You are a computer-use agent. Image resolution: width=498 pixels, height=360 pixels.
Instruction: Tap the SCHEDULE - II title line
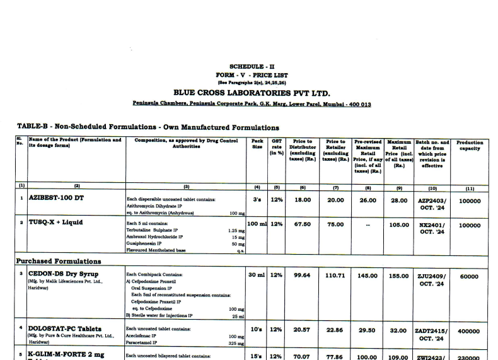point(252,66)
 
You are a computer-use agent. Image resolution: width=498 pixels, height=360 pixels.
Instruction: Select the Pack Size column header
point(257,144)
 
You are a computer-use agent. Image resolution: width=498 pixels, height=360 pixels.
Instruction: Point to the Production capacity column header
point(469,146)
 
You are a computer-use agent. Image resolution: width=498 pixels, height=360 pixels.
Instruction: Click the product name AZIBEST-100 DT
point(56,198)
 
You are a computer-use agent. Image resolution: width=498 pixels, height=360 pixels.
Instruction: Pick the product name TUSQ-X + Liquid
point(55,223)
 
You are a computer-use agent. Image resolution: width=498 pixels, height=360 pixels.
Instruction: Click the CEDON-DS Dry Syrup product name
point(63,274)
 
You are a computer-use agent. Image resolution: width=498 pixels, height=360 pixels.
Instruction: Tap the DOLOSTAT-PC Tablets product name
point(65,328)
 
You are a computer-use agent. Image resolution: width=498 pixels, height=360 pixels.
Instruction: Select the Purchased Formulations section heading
point(58,261)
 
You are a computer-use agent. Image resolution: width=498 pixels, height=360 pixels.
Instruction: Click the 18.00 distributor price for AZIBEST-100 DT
point(303,200)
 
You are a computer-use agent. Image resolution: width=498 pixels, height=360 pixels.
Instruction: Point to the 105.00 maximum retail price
point(399,224)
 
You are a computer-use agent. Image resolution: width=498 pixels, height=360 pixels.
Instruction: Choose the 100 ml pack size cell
point(257,224)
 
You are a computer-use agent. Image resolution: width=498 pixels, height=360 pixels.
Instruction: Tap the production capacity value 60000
point(469,276)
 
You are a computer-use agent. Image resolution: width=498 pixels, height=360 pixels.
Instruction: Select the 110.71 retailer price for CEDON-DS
point(335,276)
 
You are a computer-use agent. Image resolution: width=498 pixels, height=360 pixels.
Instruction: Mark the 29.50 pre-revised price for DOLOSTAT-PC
point(368,330)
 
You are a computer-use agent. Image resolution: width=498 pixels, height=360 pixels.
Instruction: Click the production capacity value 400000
point(469,330)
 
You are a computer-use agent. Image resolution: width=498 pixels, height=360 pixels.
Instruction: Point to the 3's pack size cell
point(257,200)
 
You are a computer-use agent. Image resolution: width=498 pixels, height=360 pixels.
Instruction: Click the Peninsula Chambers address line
point(252,103)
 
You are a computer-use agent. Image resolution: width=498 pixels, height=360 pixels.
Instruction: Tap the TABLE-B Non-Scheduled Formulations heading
point(148,127)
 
